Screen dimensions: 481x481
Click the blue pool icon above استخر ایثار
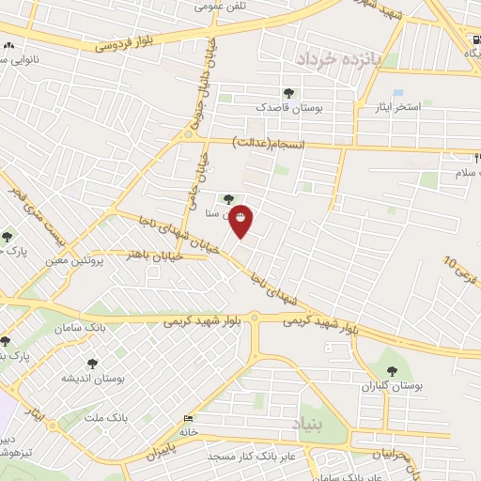397,92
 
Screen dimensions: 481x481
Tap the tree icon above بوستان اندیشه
92,363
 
